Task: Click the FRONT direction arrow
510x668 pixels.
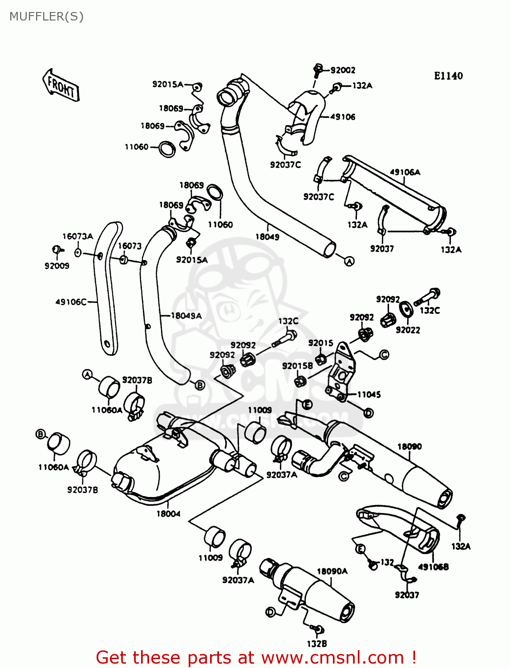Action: [x=61, y=86]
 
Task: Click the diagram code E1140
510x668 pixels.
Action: [x=448, y=76]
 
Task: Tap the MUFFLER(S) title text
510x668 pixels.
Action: [x=46, y=16]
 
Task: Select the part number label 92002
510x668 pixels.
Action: [x=343, y=70]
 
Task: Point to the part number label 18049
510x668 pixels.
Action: [x=267, y=237]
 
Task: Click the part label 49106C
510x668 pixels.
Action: [x=71, y=302]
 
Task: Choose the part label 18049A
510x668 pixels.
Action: [x=186, y=316]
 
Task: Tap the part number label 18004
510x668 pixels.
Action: [x=168, y=514]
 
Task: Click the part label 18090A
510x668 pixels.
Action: [x=332, y=571]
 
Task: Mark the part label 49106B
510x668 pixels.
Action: [x=433, y=567]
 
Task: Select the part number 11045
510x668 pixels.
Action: [x=369, y=395]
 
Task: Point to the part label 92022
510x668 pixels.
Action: [x=408, y=330]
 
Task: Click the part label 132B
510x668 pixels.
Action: [x=316, y=644]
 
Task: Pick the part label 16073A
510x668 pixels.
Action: [x=77, y=236]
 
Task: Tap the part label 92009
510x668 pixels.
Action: [x=57, y=266]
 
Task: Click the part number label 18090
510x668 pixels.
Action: [x=409, y=447]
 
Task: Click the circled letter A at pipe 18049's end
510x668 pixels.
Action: [x=349, y=261]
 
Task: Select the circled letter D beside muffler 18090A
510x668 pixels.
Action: [x=270, y=612]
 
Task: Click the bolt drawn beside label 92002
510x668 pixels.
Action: [x=317, y=69]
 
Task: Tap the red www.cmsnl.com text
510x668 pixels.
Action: [x=332, y=658]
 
